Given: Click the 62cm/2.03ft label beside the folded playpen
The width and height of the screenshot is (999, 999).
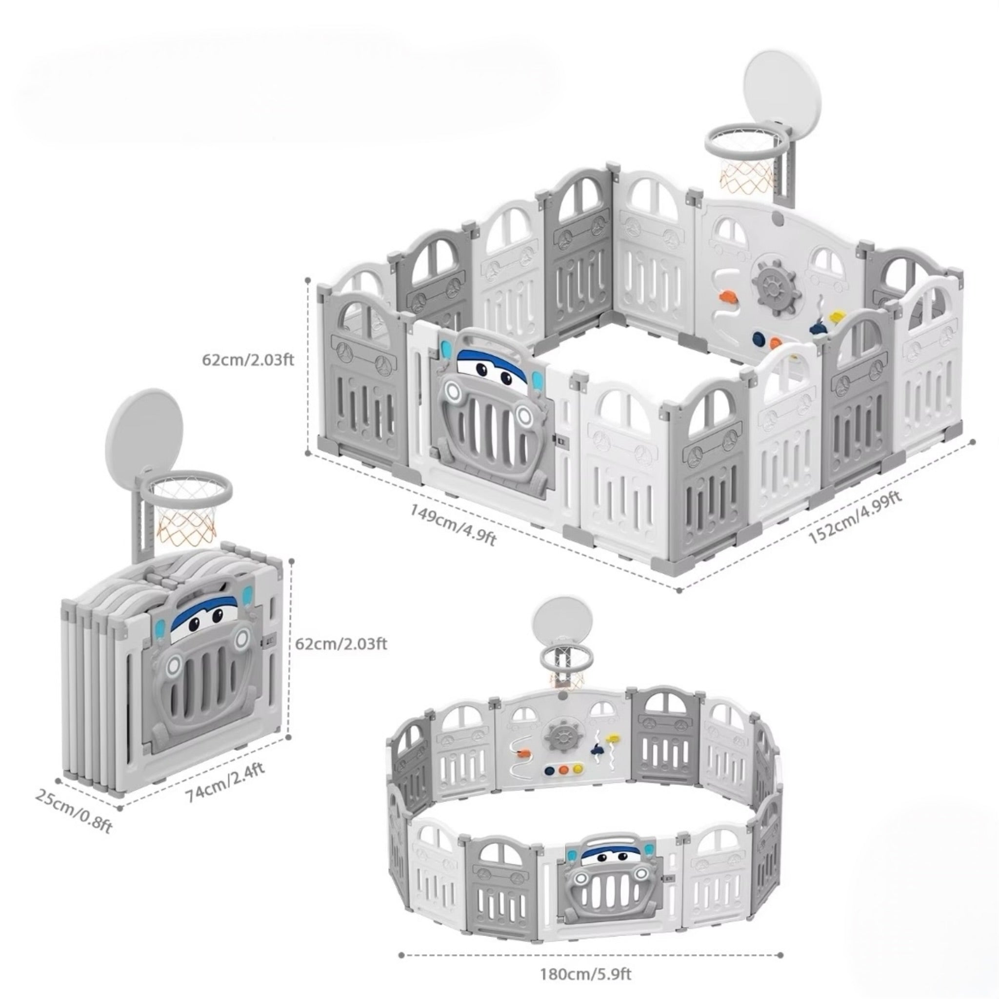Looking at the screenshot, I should coord(341,643).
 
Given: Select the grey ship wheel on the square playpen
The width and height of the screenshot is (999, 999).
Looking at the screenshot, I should coord(775,283).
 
